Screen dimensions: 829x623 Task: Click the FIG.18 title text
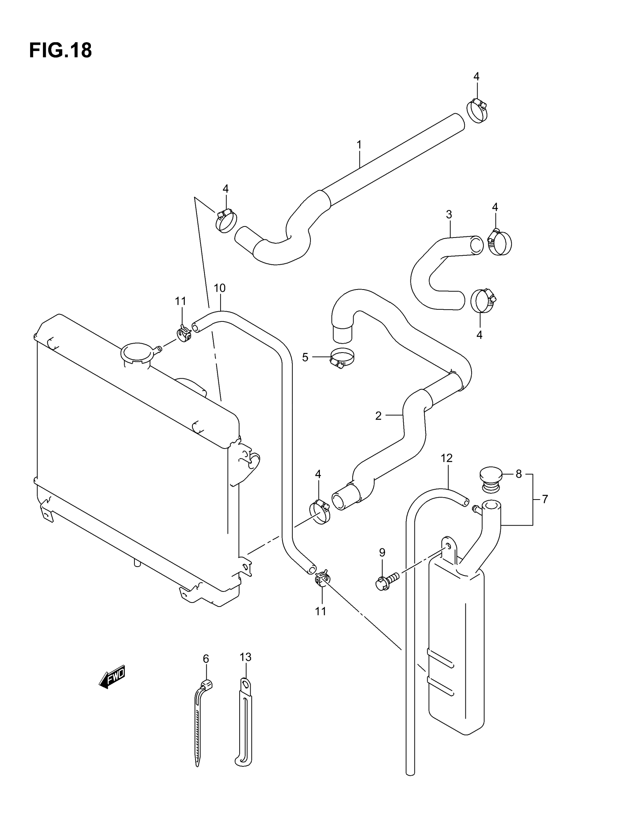(x=60, y=50)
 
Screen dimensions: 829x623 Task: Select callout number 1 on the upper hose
(x=359, y=144)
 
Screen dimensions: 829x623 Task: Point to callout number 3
(x=449, y=214)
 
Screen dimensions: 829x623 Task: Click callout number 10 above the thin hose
(x=219, y=288)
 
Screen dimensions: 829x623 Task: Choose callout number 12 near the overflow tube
(x=446, y=458)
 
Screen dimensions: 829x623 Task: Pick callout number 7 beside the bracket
(x=545, y=499)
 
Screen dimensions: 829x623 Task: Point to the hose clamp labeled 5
(x=342, y=358)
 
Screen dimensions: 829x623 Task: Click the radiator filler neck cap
(x=137, y=353)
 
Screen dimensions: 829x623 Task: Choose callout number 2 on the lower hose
(x=378, y=416)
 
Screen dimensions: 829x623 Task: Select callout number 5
(x=305, y=358)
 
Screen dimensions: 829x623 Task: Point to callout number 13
(x=246, y=657)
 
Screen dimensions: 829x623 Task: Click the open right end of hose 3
(x=477, y=246)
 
